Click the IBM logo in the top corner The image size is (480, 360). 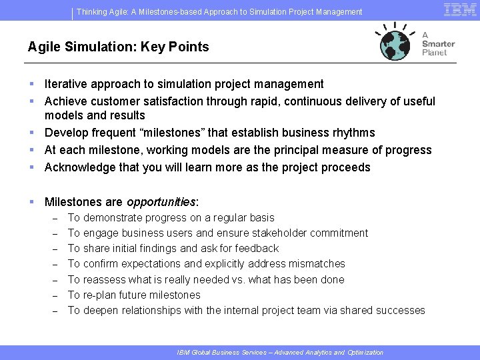coord(460,9)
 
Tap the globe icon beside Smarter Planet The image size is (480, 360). coord(397,45)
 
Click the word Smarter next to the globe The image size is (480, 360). coord(438,44)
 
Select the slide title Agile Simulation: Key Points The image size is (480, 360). coord(118,47)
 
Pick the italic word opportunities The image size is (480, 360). coord(161,201)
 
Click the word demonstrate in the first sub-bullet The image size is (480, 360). coord(115,217)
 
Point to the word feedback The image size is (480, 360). coord(256,248)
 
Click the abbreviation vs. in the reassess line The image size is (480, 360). coord(237,279)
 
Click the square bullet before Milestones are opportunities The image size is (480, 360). coord(32,201)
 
